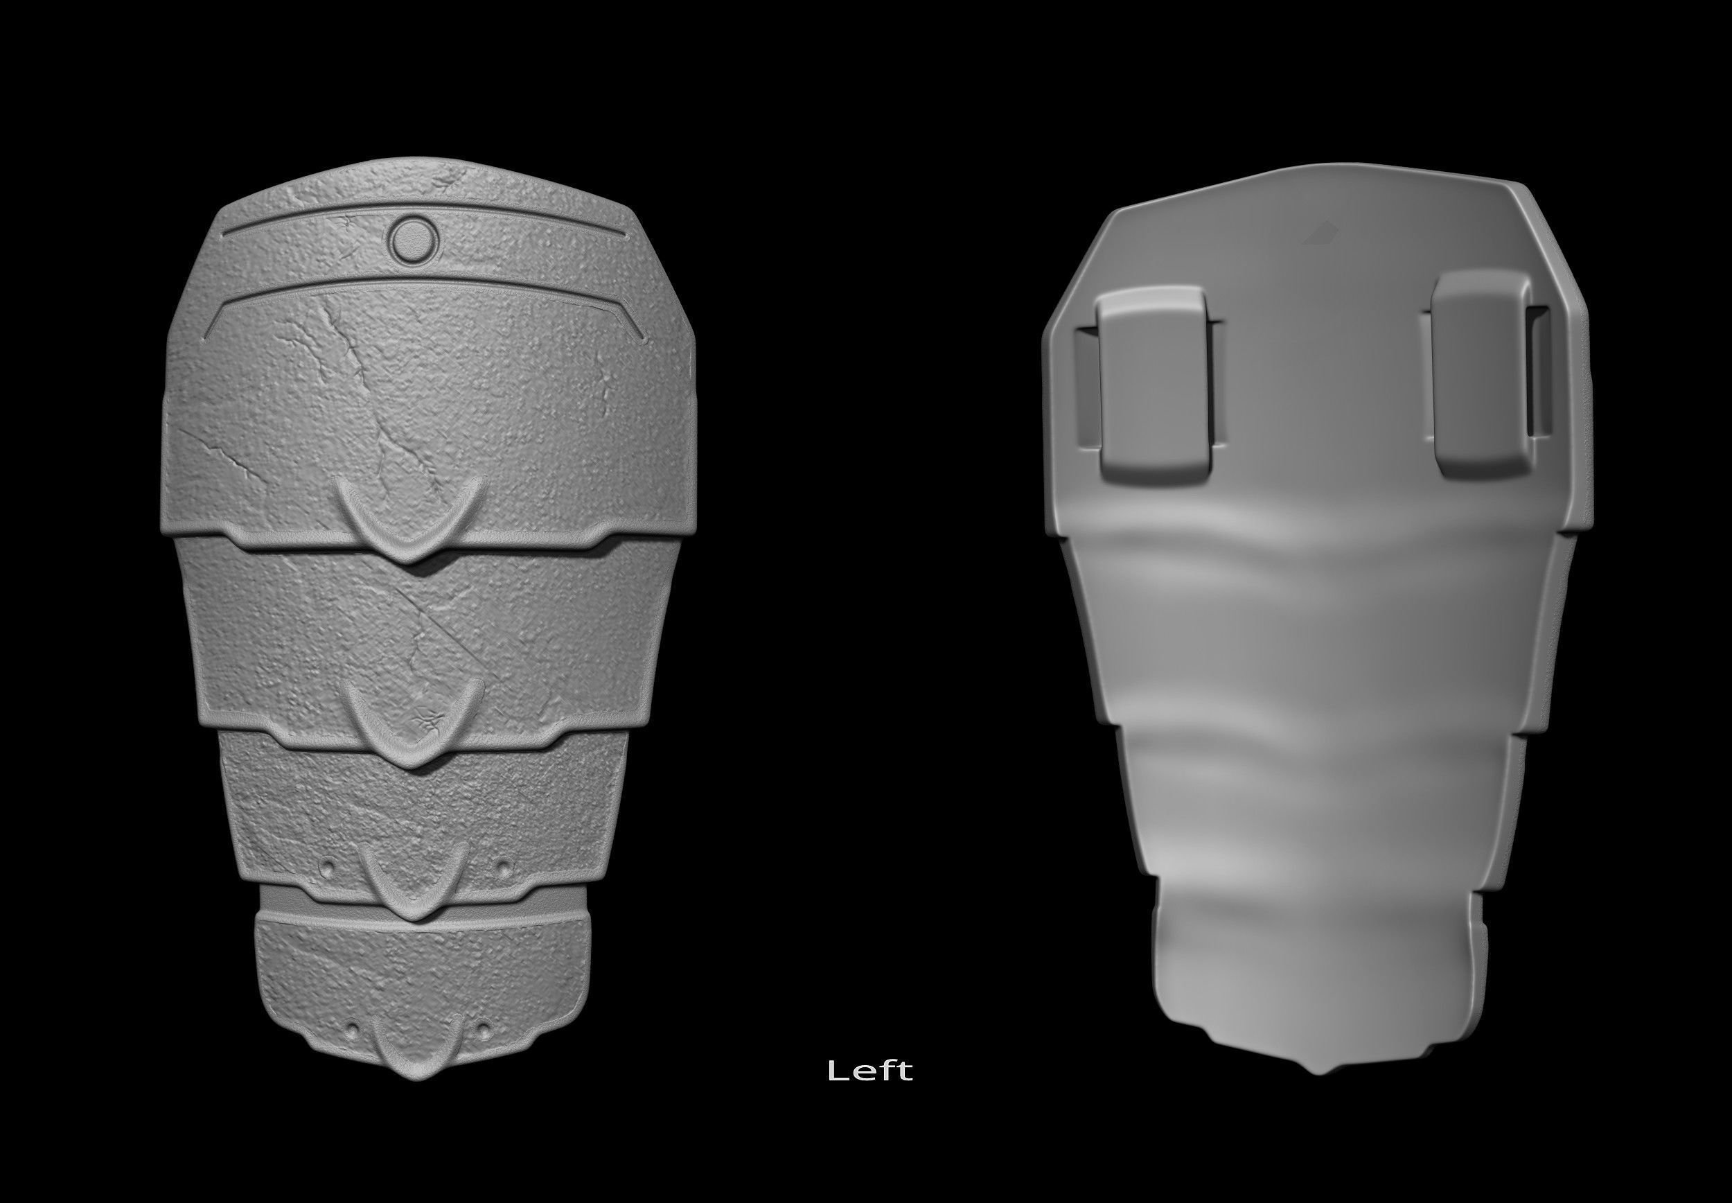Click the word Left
(x=870, y=1071)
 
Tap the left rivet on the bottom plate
(x=351, y=1030)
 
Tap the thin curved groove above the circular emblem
(x=422, y=207)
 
